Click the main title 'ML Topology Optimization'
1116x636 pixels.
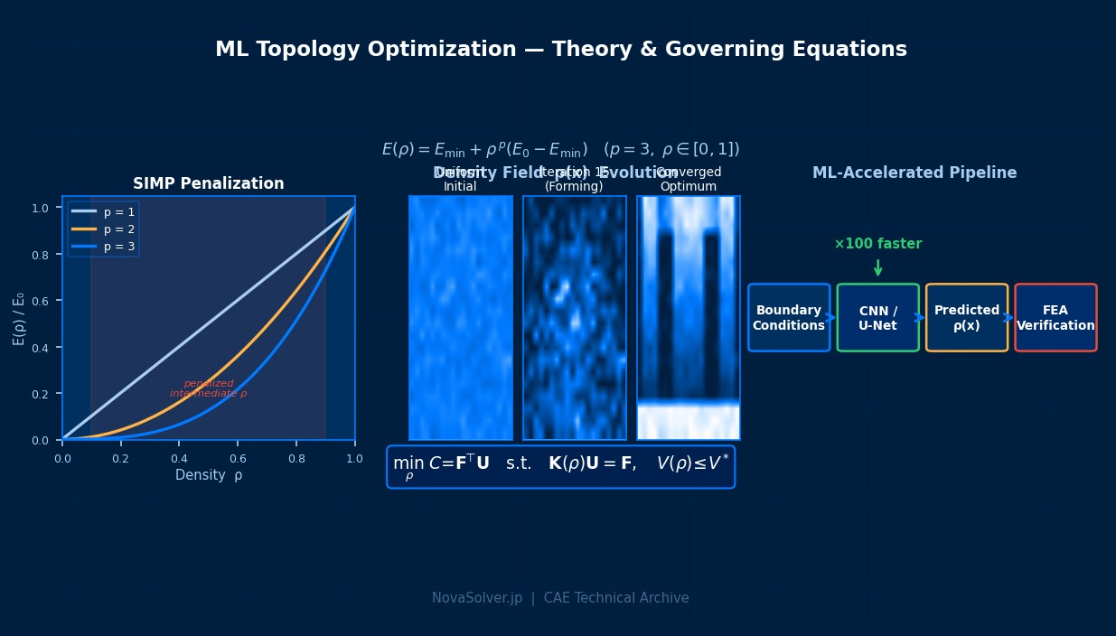[x=560, y=50]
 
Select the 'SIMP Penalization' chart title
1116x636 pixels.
[x=208, y=183]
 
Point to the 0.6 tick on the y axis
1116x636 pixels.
[x=41, y=301]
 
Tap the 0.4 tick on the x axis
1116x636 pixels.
[x=179, y=459]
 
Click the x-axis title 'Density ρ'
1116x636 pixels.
[x=208, y=475]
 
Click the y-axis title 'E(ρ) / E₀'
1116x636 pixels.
[x=19, y=318]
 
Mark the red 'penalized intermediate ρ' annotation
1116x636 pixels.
[x=208, y=388]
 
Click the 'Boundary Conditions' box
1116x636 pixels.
[x=789, y=318]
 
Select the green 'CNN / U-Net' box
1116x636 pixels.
[x=877, y=318]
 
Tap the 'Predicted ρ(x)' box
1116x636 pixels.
[x=966, y=318]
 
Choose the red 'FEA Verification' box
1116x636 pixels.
[x=1055, y=318]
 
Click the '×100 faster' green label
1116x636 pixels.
[x=877, y=244]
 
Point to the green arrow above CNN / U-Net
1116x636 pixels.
[x=877, y=267]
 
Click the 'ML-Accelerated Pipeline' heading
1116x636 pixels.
[x=914, y=173]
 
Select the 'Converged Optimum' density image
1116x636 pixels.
[x=689, y=318]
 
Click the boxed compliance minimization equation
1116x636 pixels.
[x=560, y=466]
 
